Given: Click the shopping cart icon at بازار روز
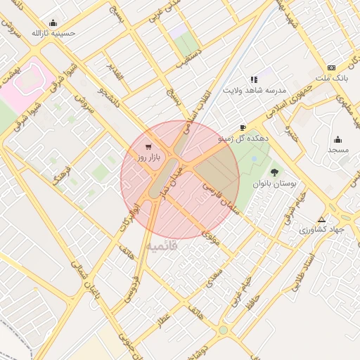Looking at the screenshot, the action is click(147, 147).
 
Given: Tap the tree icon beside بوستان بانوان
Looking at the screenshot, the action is click(274, 172).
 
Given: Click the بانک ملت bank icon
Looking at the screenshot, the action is click(331, 67).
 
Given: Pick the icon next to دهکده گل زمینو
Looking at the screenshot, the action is click(243, 127).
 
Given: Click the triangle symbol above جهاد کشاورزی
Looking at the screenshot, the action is click(322, 219).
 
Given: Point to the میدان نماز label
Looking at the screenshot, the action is click(172, 179).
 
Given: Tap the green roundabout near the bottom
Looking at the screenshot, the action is click(223, 330).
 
